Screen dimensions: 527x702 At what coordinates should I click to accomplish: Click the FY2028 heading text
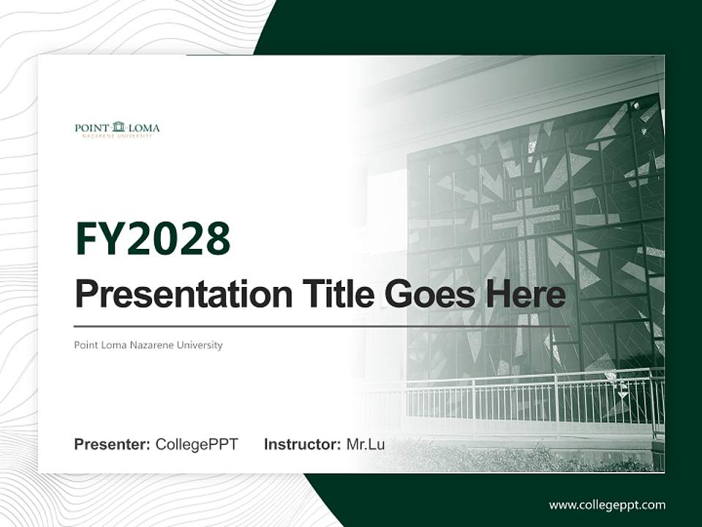point(152,239)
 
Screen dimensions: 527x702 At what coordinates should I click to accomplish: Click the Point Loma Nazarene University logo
point(117,130)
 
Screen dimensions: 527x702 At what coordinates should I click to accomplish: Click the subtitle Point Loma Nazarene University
point(148,345)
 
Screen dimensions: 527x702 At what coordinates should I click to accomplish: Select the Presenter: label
point(113,444)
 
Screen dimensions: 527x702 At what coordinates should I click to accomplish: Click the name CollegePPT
point(197,444)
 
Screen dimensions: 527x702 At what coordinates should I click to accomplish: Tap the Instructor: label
point(302,444)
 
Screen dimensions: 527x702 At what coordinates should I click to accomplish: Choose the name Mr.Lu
point(365,444)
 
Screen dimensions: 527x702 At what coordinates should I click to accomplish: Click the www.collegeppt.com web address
point(607,505)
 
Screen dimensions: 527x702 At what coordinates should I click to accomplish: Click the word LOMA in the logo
point(144,128)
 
